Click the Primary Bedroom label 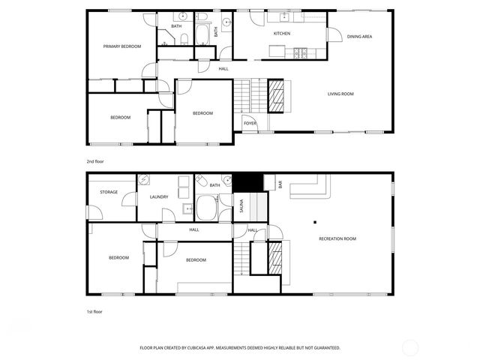[122, 46]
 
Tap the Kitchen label [281, 34]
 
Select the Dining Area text [359, 36]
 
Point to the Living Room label [340, 94]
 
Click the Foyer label [250, 123]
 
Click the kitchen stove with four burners [301, 52]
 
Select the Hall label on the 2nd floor [223, 69]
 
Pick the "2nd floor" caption [94, 161]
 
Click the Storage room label [109, 193]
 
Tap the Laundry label [158, 197]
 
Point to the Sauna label [241, 205]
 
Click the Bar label [280, 184]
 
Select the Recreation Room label [337, 238]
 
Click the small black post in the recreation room [315, 221]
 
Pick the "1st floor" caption [94, 310]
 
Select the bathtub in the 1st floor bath [206, 207]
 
